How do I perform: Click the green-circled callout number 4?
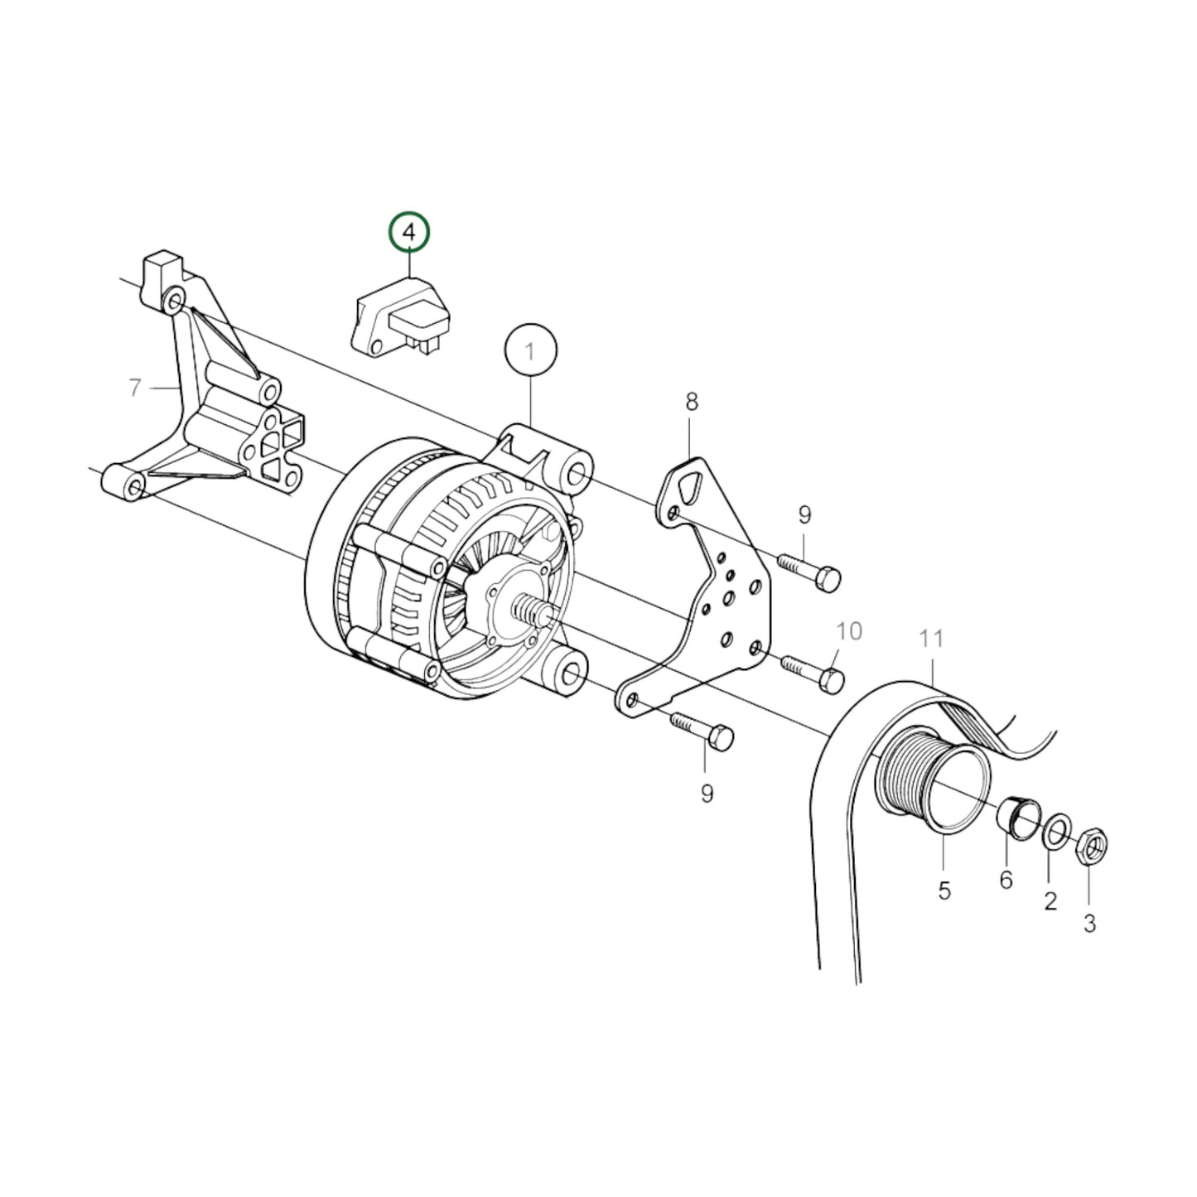tap(410, 233)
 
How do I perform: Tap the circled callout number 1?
tap(530, 351)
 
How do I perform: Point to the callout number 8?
tap(692, 403)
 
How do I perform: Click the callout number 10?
tap(849, 631)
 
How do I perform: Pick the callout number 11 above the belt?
tap(932, 639)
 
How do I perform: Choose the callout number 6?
tap(1006, 880)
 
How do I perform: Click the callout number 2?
tap(1050, 900)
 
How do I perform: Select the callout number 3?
tap(1089, 923)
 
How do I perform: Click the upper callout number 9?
tap(805, 515)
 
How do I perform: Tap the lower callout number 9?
tap(707, 794)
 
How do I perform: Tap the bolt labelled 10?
tap(812, 671)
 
